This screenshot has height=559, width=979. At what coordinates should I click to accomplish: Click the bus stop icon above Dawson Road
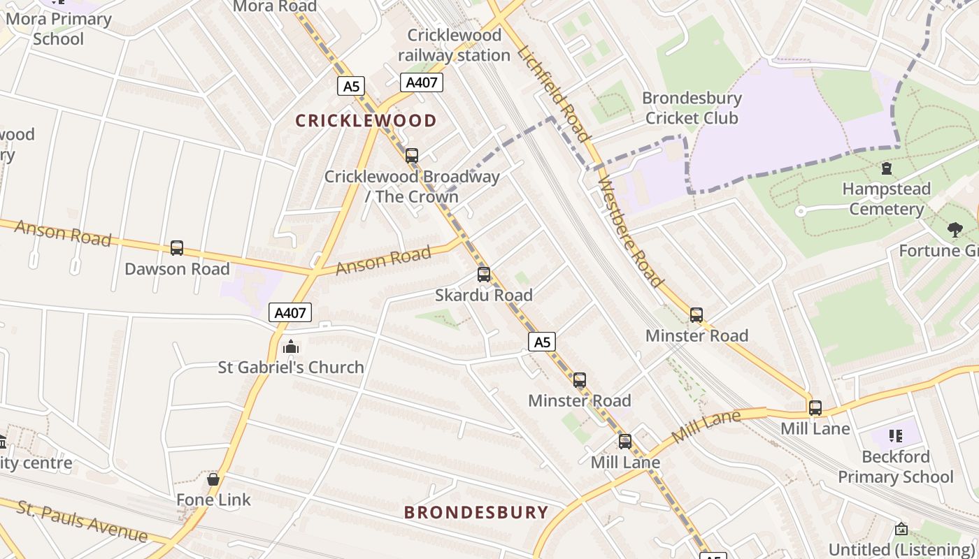(x=177, y=247)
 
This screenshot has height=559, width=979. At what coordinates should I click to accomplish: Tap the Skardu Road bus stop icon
(x=484, y=274)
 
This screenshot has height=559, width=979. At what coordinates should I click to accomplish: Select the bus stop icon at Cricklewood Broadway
(x=412, y=155)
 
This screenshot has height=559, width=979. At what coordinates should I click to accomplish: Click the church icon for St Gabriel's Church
(x=291, y=346)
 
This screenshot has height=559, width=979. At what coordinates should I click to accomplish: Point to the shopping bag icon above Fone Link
(x=213, y=479)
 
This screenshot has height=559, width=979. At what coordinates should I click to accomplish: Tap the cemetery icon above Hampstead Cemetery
(x=887, y=168)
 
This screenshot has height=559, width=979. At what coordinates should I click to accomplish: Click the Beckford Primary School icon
(x=896, y=436)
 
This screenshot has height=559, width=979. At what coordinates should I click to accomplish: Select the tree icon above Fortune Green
(x=955, y=229)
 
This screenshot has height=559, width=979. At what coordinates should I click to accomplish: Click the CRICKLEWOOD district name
(x=366, y=121)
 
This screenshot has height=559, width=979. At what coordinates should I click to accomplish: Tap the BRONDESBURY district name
(x=476, y=512)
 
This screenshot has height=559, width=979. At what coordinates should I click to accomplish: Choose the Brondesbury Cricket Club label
(x=692, y=108)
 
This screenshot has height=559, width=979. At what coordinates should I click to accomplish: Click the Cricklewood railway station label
(x=455, y=45)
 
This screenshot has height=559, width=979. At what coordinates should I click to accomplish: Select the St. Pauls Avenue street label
(x=83, y=521)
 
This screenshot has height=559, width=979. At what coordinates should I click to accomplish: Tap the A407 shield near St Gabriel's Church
(x=290, y=312)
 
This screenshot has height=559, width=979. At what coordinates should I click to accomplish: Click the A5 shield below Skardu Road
(x=543, y=342)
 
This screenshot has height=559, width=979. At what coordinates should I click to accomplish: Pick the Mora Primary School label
(x=59, y=29)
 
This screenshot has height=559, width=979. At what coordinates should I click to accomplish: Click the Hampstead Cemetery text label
(x=887, y=198)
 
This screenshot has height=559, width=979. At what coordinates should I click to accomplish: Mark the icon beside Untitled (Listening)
(x=901, y=529)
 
